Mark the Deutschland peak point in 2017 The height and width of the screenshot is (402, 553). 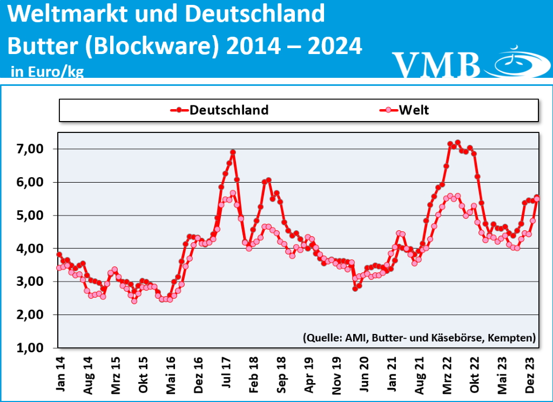(x=233, y=152)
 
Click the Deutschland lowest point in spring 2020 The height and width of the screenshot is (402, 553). (x=355, y=289)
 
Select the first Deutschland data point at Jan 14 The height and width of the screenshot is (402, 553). (x=59, y=254)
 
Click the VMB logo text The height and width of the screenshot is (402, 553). (x=436, y=65)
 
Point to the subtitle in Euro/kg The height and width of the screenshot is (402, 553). (x=47, y=72)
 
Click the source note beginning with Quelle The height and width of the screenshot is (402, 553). (x=419, y=338)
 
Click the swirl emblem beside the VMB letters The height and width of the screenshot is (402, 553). (x=515, y=62)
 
